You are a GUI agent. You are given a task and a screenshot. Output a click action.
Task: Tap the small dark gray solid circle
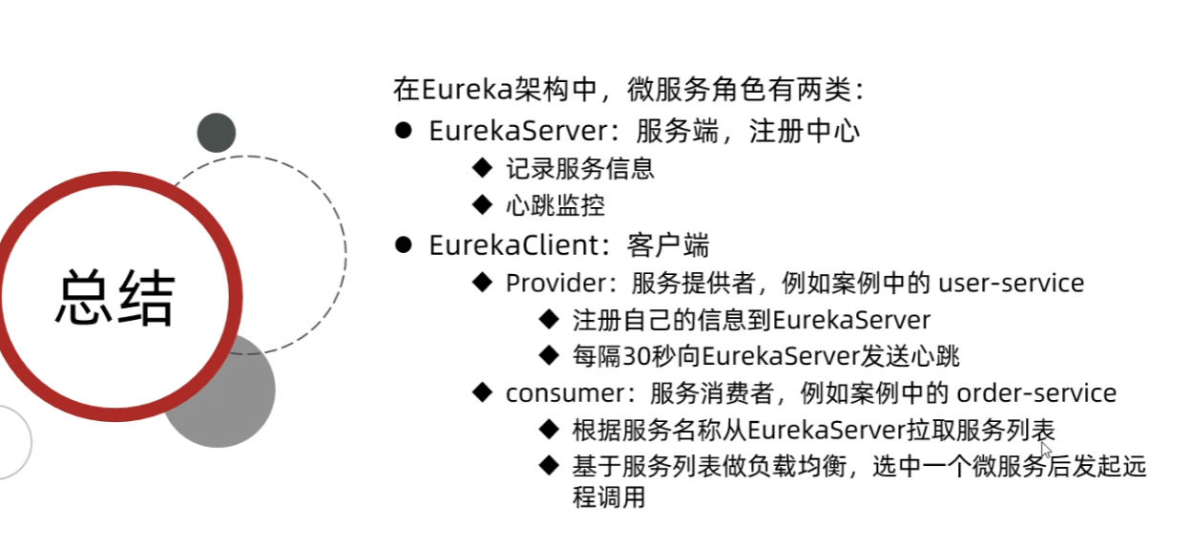pyautogui.click(x=217, y=133)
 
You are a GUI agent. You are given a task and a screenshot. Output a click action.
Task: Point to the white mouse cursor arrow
pyautogui.click(x=1045, y=449)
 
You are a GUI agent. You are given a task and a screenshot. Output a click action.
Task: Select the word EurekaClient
pyautogui.click(x=512, y=245)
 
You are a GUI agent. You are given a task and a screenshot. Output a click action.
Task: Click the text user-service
pyautogui.click(x=1012, y=284)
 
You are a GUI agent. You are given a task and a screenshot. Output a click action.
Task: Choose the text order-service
pyautogui.click(x=1036, y=392)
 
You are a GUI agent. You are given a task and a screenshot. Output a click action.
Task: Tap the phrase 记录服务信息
pyautogui.click(x=580, y=169)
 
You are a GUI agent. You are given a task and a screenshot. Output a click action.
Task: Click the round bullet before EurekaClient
pyautogui.click(x=404, y=245)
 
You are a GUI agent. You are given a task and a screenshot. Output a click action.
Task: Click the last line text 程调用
pyautogui.click(x=609, y=497)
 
